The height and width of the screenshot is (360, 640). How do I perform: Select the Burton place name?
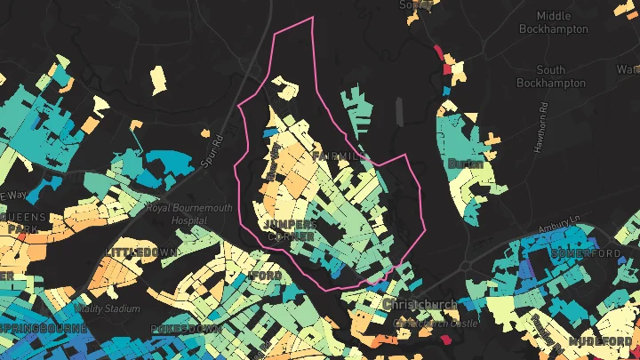click(466, 164)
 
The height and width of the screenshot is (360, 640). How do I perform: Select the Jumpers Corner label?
click(290, 229)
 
